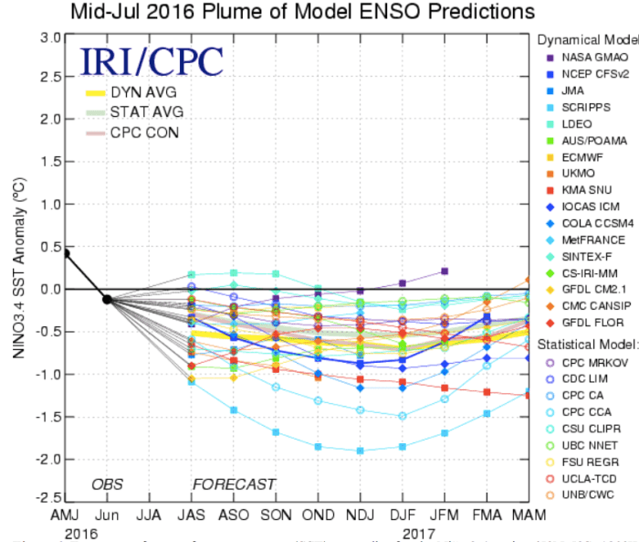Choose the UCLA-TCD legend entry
tap(586, 477)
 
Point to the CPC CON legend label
tap(144, 133)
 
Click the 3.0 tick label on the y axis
tap(49, 37)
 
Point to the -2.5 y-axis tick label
tap(47, 499)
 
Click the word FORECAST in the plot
tap(233, 484)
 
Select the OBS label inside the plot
tap(107, 484)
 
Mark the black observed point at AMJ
tap(66, 252)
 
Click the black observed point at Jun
tap(107, 299)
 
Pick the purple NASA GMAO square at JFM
tap(445, 271)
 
